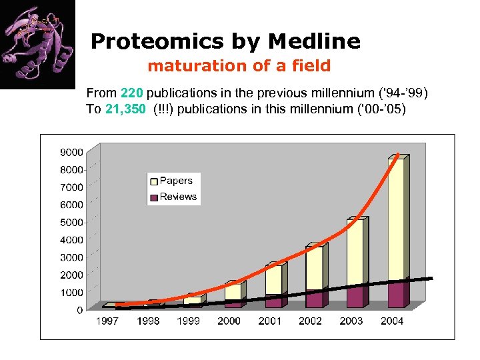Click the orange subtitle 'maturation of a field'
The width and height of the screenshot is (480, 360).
pos(239,66)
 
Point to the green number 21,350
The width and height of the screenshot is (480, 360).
pos(125,109)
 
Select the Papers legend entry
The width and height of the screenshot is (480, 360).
pos(175,181)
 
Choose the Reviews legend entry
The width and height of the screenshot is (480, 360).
pos(177,197)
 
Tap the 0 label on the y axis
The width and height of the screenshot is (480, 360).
pos(79,310)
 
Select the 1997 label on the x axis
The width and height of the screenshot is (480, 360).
pos(107,321)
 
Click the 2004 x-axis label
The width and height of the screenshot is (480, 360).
pos(391,321)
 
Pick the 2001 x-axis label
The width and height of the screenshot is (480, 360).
pos(270,321)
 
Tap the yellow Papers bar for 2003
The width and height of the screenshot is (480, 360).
pos(355,253)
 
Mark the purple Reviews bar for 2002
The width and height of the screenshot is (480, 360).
pos(314,299)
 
